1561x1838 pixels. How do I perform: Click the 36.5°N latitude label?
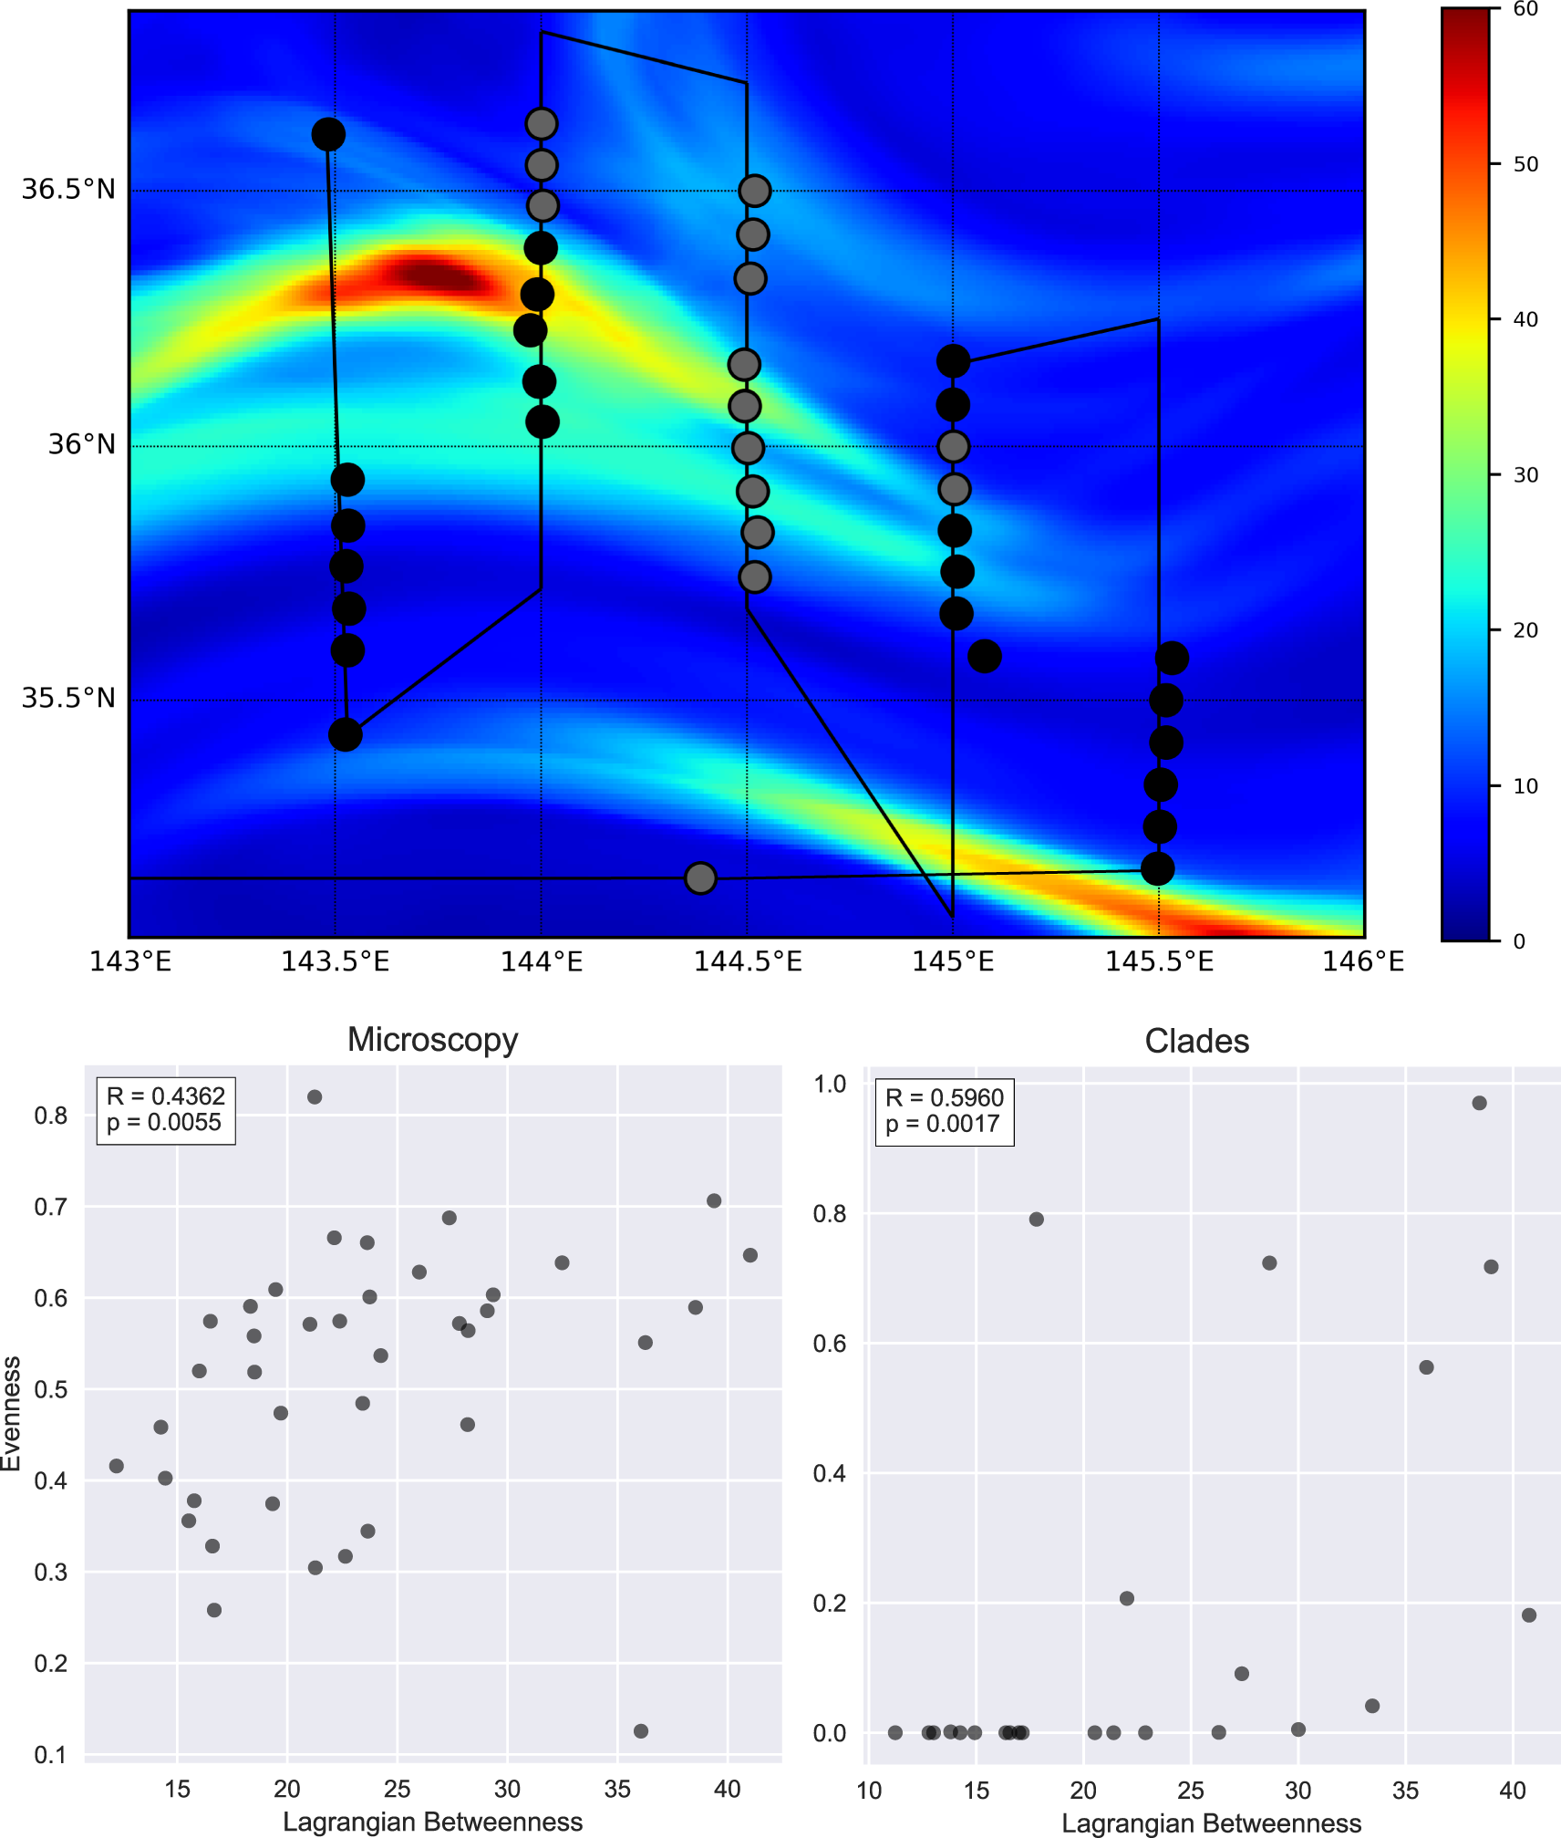click(68, 190)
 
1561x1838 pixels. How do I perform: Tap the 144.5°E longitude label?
click(748, 961)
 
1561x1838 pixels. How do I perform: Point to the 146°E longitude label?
click(1363, 961)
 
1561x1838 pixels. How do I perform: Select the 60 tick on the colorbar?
click(1525, 9)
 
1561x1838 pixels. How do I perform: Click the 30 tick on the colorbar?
click(1525, 475)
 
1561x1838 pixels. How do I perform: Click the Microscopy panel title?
click(432, 1040)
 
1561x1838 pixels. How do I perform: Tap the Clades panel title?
click(1196, 1041)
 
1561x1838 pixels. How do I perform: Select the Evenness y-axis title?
click(11, 1413)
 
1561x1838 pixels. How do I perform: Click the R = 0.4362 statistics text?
click(165, 1096)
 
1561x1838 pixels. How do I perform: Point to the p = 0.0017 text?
click(943, 1124)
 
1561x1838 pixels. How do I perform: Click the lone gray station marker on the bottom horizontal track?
click(700, 877)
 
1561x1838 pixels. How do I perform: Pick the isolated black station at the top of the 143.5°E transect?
click(328, 135)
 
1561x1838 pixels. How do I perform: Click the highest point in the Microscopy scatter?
click(315, 1096)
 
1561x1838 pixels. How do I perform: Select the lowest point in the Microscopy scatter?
click(641, 1730)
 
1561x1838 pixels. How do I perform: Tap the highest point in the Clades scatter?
click(1479, 1103)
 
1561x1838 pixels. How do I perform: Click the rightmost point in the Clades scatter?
click(1529, 1615)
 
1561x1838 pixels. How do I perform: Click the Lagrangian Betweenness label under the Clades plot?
click(1211, 1822)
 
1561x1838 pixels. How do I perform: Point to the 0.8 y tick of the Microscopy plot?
click(51, 1116)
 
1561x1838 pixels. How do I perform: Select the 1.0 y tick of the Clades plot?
click(830, 1084)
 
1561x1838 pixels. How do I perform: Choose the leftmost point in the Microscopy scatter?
click(117, 1466)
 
